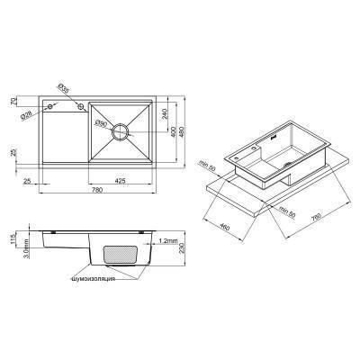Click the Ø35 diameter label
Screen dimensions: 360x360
(64, 88)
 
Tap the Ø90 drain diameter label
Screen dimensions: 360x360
(102, 123)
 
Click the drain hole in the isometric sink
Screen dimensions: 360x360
(286, 166)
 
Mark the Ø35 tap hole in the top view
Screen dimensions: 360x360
(81, 106)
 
